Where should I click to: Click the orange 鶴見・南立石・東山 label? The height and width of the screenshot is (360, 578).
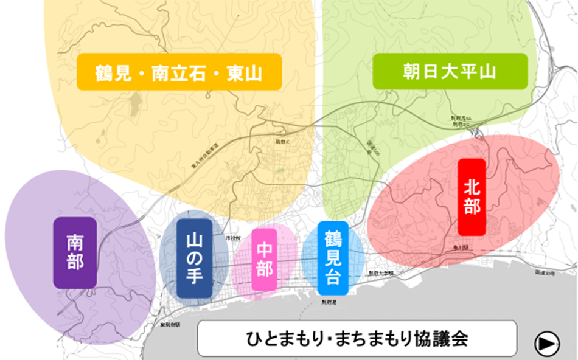click(x=179, y=72)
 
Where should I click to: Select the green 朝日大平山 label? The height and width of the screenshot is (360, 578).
click(x=450, y=72)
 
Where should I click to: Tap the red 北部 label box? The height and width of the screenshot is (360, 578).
click(x=472, y=197)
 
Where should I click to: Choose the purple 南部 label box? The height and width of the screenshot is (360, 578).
click(x=75, y=253)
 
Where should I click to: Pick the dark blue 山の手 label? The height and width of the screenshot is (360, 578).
click(x=194, y=258)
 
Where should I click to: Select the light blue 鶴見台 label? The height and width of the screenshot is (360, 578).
click(x=332, y=258)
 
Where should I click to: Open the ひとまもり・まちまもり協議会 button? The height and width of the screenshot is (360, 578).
click(x=358, y=339)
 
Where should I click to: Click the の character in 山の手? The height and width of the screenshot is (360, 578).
click(x=194, y=257)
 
